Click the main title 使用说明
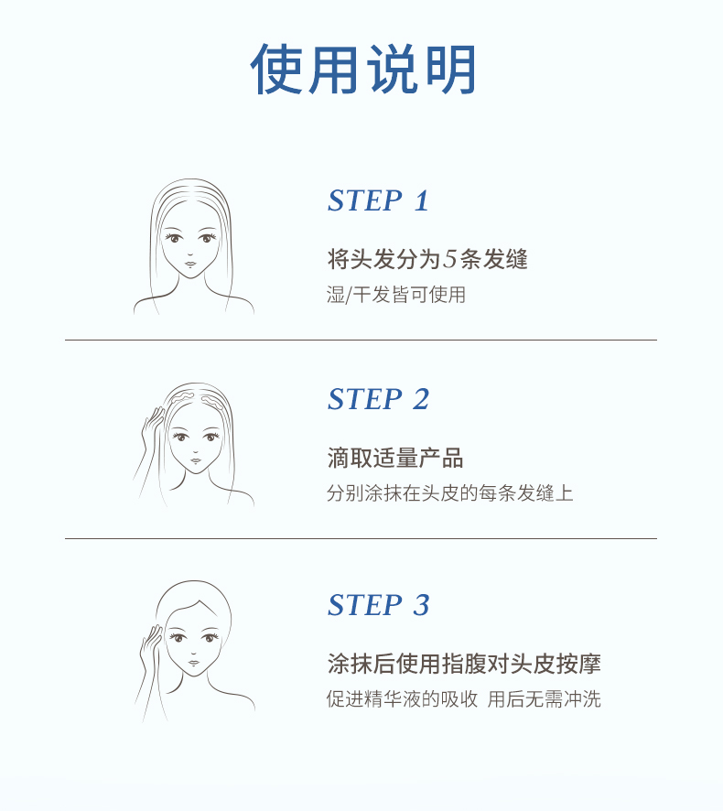363,70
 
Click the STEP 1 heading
379,200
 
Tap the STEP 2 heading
379,399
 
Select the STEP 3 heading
379,605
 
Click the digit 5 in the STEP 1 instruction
450,259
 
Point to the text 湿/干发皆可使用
396,295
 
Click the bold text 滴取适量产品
395,458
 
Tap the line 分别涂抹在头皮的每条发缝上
450,492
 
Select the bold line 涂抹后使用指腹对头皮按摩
464,664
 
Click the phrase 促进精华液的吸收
402,698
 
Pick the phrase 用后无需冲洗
544,698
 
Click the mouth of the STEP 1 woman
190,265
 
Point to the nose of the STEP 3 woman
192,654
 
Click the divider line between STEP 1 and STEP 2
361,340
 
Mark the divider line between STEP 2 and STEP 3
361,538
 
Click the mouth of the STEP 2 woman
195,460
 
